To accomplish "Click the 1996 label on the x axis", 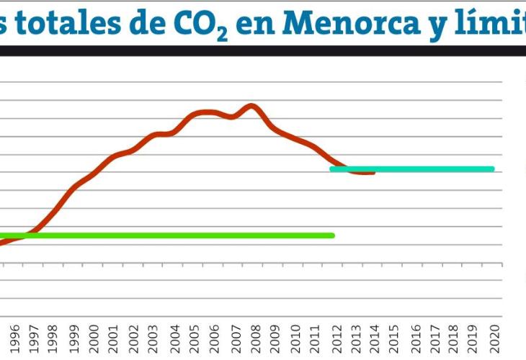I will [14, 338].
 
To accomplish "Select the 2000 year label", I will [94, 338].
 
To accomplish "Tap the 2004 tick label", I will [175, 338].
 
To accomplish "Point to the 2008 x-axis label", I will [255, 338].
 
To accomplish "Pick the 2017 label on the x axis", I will [435, 338].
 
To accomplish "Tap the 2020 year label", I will [495, 338].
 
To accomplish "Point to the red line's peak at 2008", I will [251, 106].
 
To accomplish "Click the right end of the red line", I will [373, 173].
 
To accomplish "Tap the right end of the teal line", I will [493, 169].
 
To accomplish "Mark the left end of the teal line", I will [331, 169].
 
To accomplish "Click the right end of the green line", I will [333, 235].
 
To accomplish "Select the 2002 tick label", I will [134, 338].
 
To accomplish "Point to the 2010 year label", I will [295, 338].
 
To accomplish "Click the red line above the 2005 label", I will [195, 114].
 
